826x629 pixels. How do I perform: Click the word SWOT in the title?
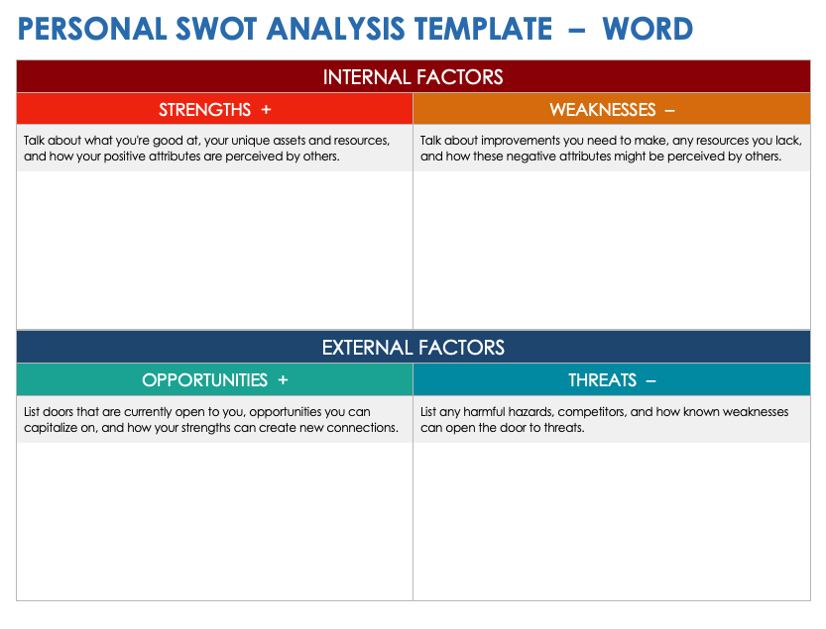point(216,29)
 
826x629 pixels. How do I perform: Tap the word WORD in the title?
point(648,29)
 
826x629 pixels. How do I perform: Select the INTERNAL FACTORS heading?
point(413,77)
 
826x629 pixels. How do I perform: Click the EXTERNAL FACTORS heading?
point(413,348)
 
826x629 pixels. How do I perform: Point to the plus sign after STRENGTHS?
point(266,110)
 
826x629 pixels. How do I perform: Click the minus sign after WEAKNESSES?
point(669,110)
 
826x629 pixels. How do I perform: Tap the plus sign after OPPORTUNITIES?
point(283,380)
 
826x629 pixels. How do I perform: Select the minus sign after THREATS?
point(650,380)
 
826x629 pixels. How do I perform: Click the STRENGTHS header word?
point(205,110)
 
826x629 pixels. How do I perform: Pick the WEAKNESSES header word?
point(603,110)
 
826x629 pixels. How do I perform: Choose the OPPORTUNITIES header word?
point(205,380)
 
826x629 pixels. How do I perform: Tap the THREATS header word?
point(603,380)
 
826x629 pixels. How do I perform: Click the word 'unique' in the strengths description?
point(250,141)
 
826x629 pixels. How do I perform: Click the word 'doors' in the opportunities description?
point(58,412)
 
